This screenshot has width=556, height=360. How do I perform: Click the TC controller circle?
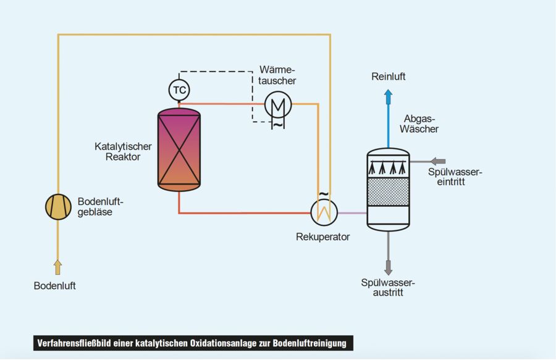(x=179, y=91)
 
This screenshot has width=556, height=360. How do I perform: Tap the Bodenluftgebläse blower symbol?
(x=58, y=206)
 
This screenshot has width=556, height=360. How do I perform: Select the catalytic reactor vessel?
(x=179, y=150)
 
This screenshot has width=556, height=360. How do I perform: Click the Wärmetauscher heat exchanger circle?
(x=277, y=104)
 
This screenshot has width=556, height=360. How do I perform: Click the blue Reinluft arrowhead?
(x=388, y=94)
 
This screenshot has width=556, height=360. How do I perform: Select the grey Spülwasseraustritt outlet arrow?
(x=388, y=268)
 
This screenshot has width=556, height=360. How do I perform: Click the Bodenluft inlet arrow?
(x=58, y=267)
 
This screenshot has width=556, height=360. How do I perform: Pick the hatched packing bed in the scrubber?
(x=388, y=192)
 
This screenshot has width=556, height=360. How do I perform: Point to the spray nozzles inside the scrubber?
(x=388, y=168)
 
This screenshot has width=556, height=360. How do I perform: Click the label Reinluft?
(x=389, y=77)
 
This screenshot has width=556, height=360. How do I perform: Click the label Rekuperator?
(x=322, y=237)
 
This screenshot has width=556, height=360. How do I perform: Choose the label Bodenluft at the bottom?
(x=55, y=286)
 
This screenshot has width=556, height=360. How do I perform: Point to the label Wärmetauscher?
(x=277, y=75)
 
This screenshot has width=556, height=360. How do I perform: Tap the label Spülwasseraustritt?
(x=388, y=288)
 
